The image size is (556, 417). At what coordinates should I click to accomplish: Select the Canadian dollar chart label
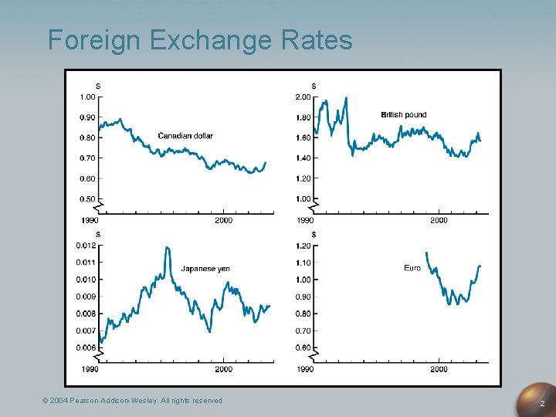click(185, 136)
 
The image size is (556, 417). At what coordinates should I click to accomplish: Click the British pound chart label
click(403, 115)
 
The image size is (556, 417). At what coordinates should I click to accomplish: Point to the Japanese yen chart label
click(205, 269)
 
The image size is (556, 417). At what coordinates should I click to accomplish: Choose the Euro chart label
click(412, 268)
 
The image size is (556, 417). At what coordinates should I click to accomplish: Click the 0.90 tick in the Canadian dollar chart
click(87, 117)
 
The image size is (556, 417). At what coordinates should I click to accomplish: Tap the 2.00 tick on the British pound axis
click(303, 97)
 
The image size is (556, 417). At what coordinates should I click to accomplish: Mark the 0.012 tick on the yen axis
click(86, 246)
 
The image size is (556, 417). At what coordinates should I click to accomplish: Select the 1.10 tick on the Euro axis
click(303, 263)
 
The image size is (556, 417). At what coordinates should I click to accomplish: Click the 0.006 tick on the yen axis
click(86, 347)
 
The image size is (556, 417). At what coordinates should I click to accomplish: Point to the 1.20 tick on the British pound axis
click(303, 178)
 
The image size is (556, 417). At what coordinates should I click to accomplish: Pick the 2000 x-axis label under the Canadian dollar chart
click(223, 221)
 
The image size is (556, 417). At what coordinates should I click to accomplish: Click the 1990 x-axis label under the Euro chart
click(306, 370)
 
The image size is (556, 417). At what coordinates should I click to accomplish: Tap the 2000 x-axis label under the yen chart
click(223, 370)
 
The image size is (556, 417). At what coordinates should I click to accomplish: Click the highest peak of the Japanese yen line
click(168, 248)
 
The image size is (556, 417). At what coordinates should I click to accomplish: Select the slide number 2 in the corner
click(542, 404)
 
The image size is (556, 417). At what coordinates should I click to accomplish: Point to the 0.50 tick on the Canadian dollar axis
click(87, 199)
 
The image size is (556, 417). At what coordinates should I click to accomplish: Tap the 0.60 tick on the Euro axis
click(303, 347)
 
